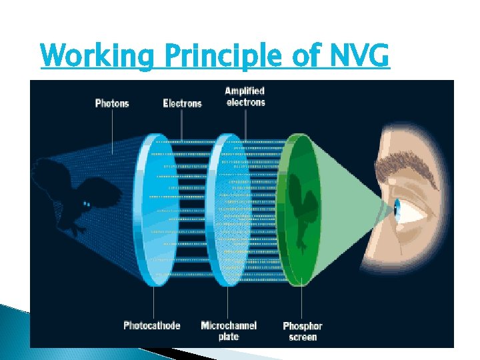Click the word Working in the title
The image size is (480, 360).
pyautogui.click(x=97, y=57)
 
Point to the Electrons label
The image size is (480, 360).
pyautogui.click(x=182, y=103)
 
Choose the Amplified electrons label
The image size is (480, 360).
pyautogui.click(x=245, y=97)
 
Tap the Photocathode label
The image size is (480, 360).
pyautogui.click(x=152, y=325)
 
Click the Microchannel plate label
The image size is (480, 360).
pyautogui.click(x=229, y=330)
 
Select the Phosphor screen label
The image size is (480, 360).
pyautogui.click(x=303, y=331)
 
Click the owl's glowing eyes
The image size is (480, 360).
pyautogui.click(x=87, y=203)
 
